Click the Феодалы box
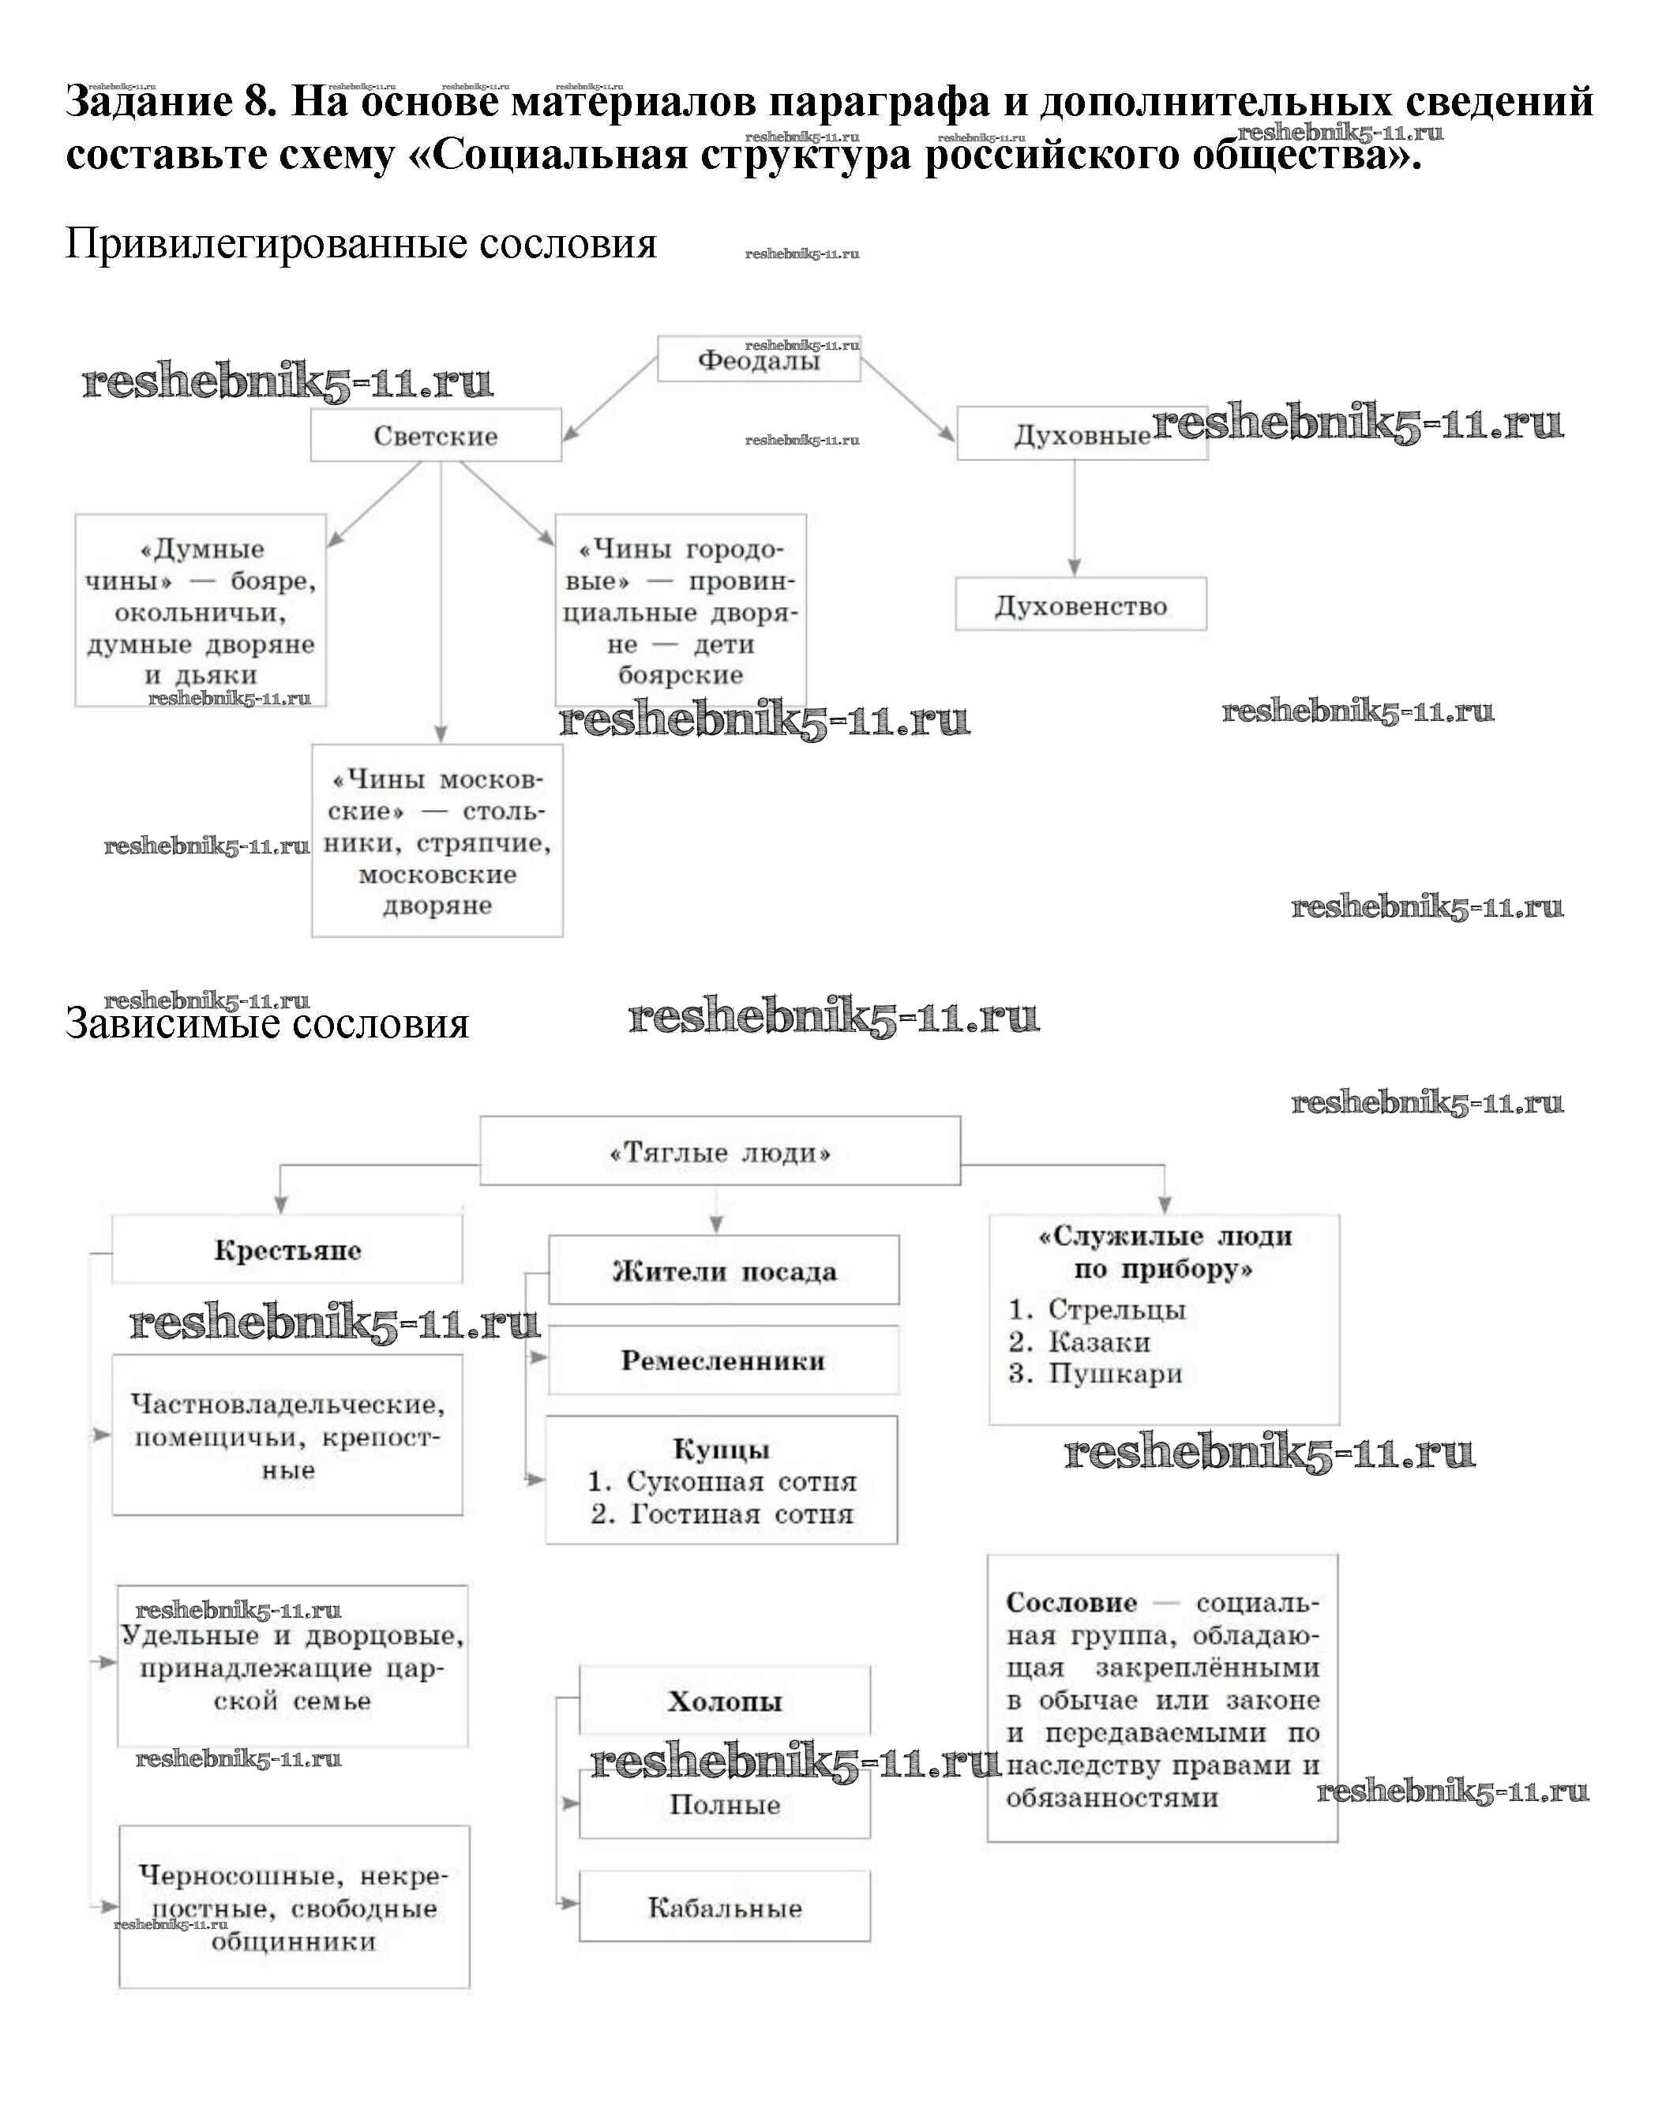pyautogui.click(x=758, y=359)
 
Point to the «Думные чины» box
pyautogui.click(x=201, y=611)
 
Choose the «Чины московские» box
pyautogui.click(x=437, y=841)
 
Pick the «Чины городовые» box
pyautogui.click(x=680, y=611)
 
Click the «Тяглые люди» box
pyautogui.click(x=719, y=1152)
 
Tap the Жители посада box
pyautogui.click(x=723, y=1270)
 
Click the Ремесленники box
pyautogui.click(x=723, y=1360)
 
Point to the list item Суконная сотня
pyautogui.click(x=722, y=1481)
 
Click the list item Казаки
pyautogui.click(x=1098, y=1342)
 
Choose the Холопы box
pyautogui.click(x=724, y=1701)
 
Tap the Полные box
pyautogui.click(x=724, y=1805)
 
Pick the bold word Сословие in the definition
pyautogui.click(x=1071, y=1603)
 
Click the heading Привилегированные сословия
pyautogui.click(x=361, y=242)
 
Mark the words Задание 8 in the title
pyautogui.click(x=171, y=101)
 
